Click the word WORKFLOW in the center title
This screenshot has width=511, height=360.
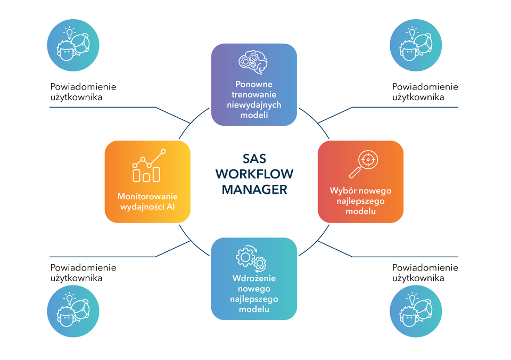pos(254,174)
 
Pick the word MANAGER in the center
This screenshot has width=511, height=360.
pos(254,189)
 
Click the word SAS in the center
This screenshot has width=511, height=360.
pos(254,159)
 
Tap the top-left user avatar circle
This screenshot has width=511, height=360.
pos(73,45)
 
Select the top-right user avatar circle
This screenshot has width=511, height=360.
pos(416,45)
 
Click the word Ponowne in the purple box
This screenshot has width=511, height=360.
pos(254,84)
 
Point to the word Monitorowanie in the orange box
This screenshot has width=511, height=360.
pos(147,196)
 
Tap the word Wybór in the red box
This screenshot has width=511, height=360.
pos(342,191)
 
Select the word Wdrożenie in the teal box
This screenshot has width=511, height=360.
pos(254,279)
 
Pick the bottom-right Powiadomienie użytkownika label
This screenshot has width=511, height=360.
pos(425,272)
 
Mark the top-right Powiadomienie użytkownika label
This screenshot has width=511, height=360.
pos(425,92)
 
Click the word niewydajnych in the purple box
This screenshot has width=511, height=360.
pos(254,104)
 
